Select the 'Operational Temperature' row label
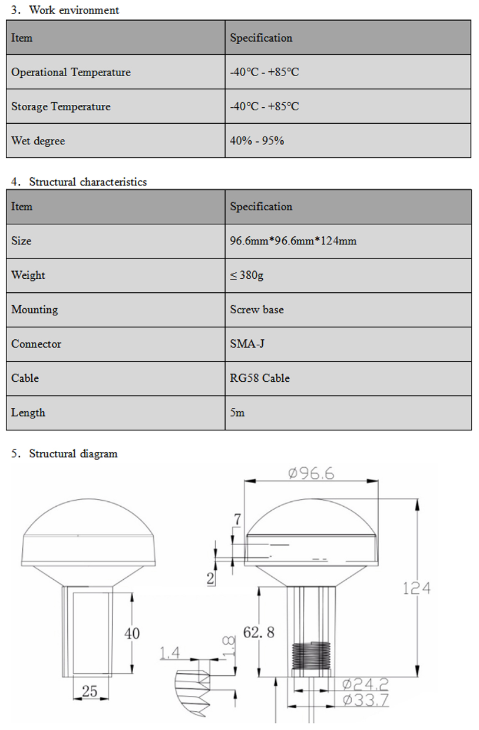coord(71,72)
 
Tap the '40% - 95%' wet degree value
coord(257,141)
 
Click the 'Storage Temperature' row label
coord(61,107)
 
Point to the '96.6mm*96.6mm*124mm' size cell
coord(293,241)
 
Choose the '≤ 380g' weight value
coord(247,275)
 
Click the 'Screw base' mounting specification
coord(256,309)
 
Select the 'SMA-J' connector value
coord(247,343)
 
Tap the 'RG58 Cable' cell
coord(260,378)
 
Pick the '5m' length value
coord(237,412)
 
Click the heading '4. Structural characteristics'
coord(79,181)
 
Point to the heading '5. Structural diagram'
coord(64,454)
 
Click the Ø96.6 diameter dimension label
coord(311,473)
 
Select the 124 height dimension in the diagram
coord(417,587)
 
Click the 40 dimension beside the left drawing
coord(132,633)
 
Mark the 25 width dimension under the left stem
coord(90,691)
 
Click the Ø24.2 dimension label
coord(365,684)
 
